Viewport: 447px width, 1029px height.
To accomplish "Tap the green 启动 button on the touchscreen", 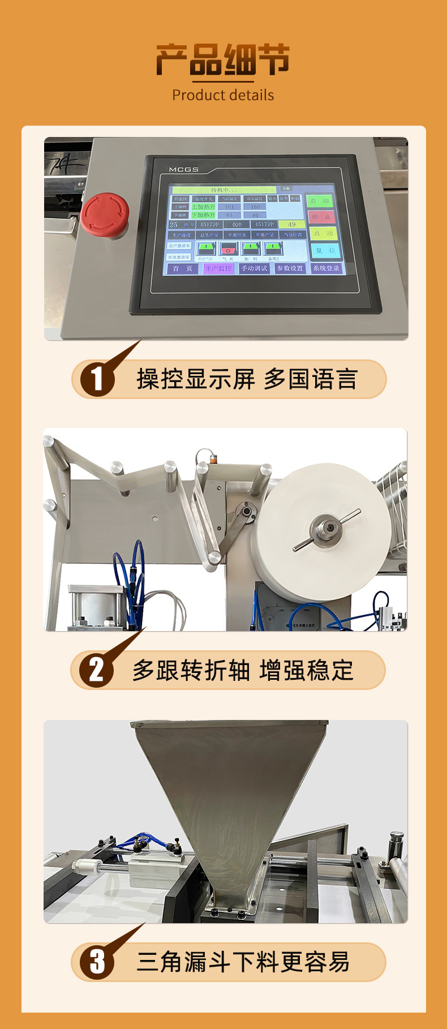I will (321, 201).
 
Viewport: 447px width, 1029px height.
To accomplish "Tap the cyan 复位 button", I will (325, 250).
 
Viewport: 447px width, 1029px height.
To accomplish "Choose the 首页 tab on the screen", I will (182, 268).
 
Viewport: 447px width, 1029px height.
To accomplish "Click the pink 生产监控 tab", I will (218, 268).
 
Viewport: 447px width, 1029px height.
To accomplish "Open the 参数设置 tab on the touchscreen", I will (290, 268).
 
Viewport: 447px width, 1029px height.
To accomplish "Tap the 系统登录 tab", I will (326, 268).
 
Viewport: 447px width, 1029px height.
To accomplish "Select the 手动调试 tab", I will (254, 268).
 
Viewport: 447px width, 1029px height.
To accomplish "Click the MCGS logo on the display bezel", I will (183, 169).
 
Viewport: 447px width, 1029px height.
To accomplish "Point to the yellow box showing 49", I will (291, 224).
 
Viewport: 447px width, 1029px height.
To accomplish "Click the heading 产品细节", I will (223, 60).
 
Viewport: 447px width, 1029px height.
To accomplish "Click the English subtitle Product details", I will (223, 95).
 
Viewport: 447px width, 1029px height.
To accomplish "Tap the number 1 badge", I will (97, 379).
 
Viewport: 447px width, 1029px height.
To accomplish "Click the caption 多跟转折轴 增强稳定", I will (243, 670).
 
